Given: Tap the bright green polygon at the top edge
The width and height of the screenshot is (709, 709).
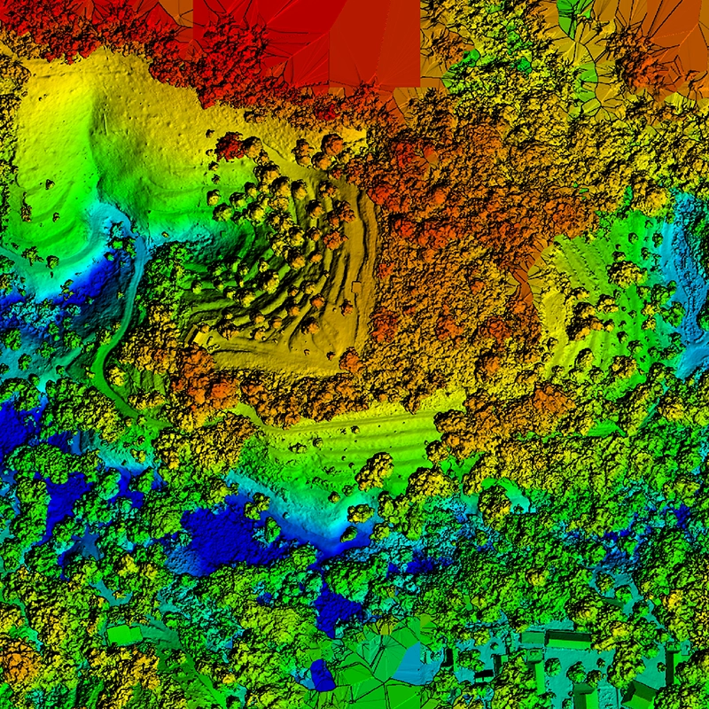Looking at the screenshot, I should [x=575, y=11].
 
